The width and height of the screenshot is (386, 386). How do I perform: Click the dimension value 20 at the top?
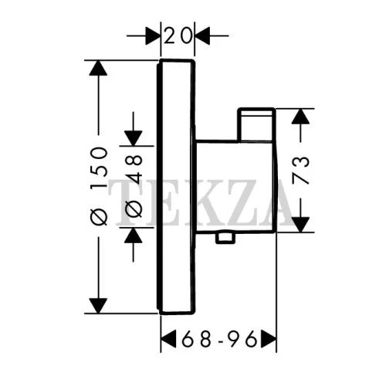[178, 36]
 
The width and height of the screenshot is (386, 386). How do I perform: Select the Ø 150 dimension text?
[99, 186]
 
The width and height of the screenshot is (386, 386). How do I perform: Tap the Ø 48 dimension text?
[134, 186]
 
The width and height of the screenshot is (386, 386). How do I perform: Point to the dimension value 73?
[300, 171]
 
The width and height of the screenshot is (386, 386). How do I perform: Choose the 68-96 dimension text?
[219, 338]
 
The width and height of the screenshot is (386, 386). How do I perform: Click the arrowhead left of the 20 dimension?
[152, 36]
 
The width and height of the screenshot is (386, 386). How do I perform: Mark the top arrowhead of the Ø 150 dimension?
[98, 68]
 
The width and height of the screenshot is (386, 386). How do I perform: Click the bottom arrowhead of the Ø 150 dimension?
[98, 306]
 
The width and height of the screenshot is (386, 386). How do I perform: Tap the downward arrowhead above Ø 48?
[134, 138]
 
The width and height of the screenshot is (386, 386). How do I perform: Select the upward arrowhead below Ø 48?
[134, 235]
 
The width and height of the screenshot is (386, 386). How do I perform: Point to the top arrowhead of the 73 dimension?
[300, 117]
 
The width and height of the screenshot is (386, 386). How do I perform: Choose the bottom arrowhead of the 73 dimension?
[300, 225]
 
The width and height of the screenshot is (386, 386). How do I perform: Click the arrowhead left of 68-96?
[168, 338]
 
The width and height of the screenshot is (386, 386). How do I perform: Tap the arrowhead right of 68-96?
[269, 338]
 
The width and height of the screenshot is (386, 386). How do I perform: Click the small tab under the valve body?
[225, 238]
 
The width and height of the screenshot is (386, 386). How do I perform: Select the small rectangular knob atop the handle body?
[256, 125]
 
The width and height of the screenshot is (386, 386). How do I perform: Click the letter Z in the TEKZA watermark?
[242, 202]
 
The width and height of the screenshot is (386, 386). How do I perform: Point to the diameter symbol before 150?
[99, 218]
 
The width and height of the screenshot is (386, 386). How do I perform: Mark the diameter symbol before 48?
[134, 209]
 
